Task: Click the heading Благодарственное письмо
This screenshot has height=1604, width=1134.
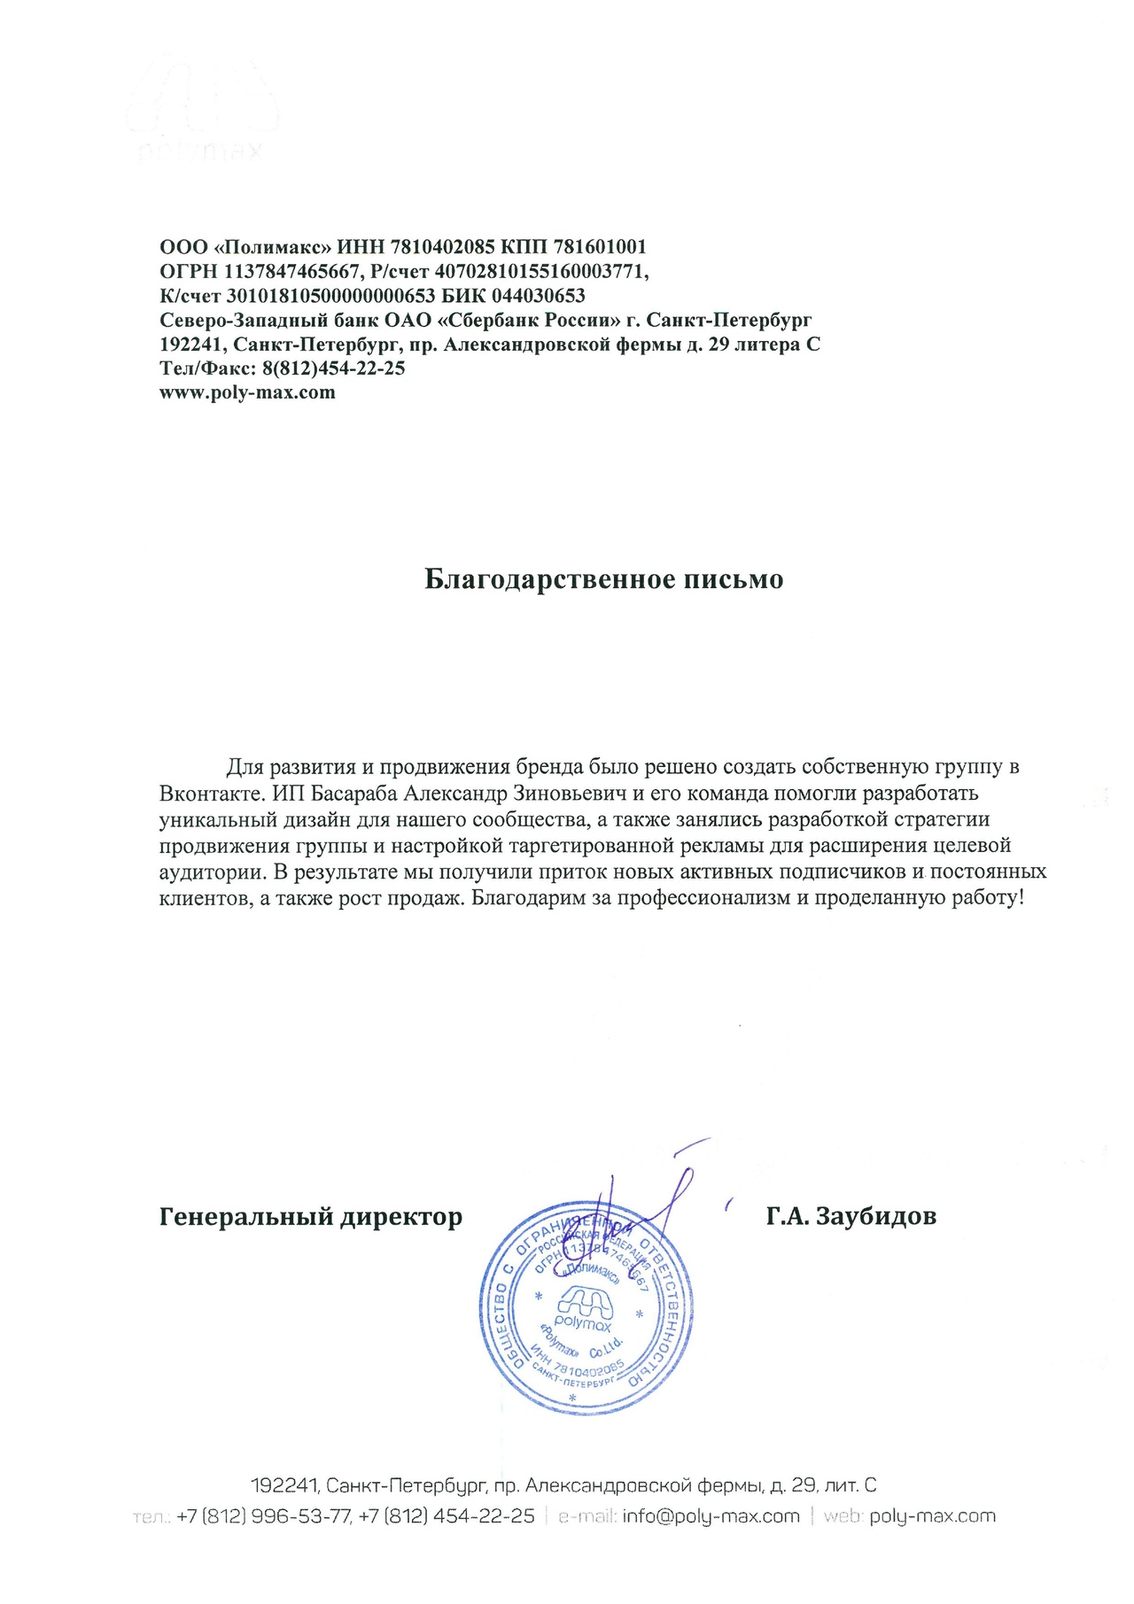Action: (x=603, y=579)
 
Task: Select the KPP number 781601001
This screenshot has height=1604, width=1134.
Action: (x=600, y=246)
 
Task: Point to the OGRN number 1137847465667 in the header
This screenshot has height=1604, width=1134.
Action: (x=291, y=271)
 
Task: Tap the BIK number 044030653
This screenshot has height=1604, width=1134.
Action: (x=538, y=295)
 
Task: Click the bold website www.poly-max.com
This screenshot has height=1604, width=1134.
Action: (x=247, y=392)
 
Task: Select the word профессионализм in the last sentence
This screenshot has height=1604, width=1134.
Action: (x=704, y=898)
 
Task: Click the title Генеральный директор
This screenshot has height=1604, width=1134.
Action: (x=311, y=1216)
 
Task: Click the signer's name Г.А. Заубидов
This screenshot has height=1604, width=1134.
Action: (x=850, y=1216)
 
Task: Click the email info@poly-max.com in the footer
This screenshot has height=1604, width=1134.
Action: (x=711, y=1515)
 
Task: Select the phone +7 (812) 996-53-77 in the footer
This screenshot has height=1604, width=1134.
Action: (x=264, y=1515)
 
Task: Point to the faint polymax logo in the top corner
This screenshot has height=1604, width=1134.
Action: (x=202, y=111)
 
